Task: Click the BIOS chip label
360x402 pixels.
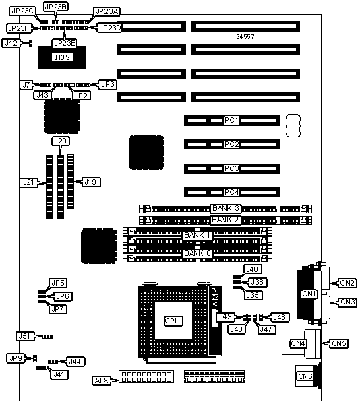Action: pos(62,57)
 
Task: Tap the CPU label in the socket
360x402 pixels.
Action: pos(173,321)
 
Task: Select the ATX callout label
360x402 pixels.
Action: pos(101,380)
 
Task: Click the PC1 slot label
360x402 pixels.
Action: pos(231,120)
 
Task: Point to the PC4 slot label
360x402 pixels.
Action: pos(231,192)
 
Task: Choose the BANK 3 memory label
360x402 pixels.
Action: pos(226,209)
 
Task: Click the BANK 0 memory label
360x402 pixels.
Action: pos(198,254)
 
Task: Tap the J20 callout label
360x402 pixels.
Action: pos(60,141)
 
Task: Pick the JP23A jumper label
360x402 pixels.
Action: pos(107,12)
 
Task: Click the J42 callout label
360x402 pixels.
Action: pos(11,43)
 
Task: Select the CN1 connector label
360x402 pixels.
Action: pos(309,294)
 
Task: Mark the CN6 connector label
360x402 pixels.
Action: pos(305,376)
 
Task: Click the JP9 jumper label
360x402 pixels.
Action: pos(16,358)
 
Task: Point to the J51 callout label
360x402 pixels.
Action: pos(25,336)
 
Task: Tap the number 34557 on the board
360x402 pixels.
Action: pos(245,36)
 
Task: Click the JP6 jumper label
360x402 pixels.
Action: pos(63,296)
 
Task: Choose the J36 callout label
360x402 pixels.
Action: pos(257,282)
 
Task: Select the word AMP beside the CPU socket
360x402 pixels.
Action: pos(215,297)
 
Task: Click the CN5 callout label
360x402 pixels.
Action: pos(339,343)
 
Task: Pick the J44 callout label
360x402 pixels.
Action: pos(75,362)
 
